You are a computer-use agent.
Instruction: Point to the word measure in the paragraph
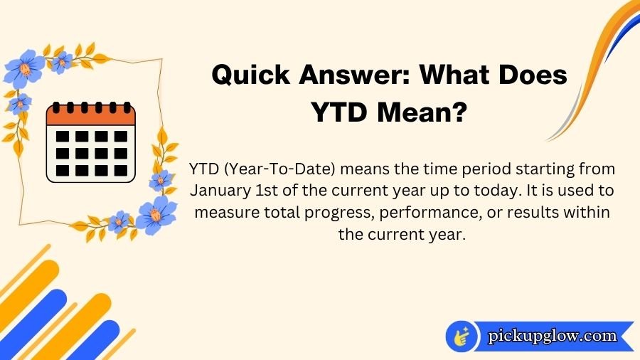click(225, 213)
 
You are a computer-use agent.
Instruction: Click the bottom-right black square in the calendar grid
click(121, 170)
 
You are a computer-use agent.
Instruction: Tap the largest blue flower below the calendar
click(156, 214)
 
